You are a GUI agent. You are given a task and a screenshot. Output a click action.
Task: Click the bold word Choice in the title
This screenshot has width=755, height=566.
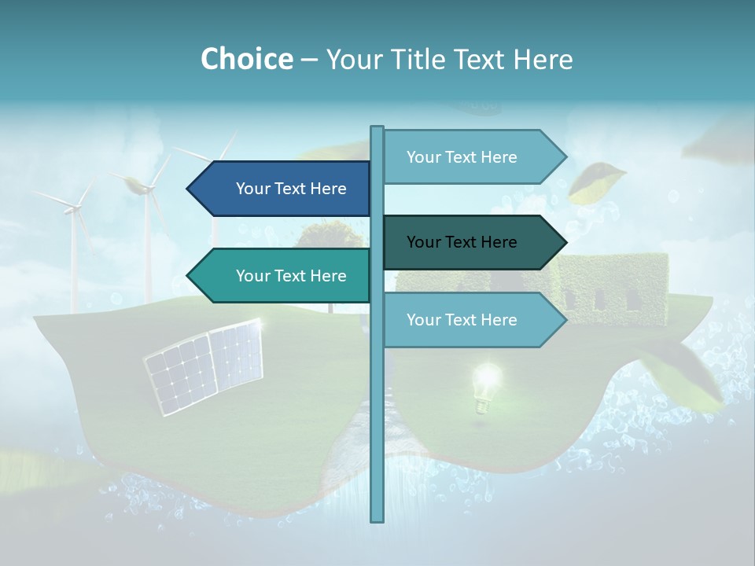point(246,59)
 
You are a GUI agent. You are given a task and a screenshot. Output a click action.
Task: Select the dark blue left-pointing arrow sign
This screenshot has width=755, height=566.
point(279,189)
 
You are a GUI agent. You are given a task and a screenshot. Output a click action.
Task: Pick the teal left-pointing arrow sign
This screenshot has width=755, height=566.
point(279,276)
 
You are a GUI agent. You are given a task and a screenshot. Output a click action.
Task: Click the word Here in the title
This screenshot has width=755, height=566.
point(543,59)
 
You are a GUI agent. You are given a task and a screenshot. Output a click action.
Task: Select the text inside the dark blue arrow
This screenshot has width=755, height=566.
point(291,189)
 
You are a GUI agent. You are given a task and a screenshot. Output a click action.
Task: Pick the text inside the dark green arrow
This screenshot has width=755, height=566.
point(462,242)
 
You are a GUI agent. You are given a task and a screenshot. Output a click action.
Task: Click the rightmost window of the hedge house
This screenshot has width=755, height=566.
point(632,299)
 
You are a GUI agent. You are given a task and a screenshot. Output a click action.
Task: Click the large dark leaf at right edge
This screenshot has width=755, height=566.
point(692,377)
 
